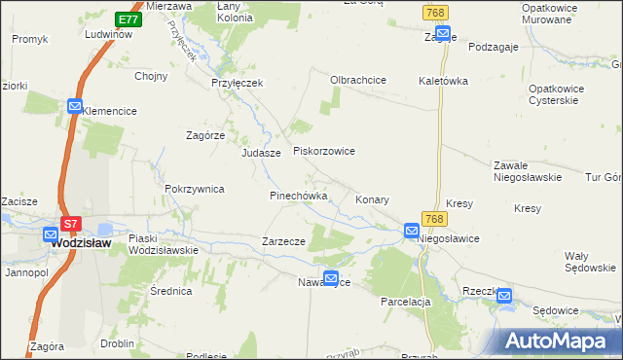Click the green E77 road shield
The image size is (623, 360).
tap(128, 19)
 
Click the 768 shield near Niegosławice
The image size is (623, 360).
tap(433, 220)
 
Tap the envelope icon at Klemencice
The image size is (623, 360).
tap(75, 107)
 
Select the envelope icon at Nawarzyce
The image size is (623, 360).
tap(331, 277)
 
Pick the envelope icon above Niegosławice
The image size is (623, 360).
tap(412, 232)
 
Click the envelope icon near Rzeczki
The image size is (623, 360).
tap(503, 296)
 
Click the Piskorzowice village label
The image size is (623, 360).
tap(324, 152)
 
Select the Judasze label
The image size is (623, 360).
tap(261, 154)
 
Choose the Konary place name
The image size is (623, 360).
tap(372, 199)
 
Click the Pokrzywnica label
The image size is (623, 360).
tap(196, 190)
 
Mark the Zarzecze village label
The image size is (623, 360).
tap(284, 241)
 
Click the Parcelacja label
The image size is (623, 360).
tap(406, 302)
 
